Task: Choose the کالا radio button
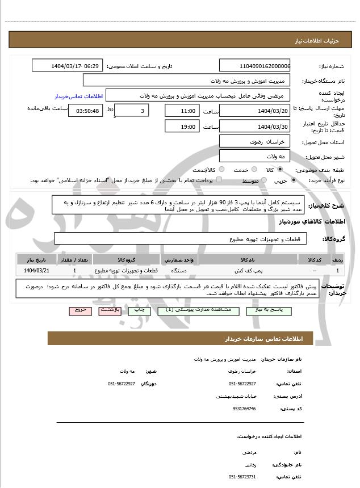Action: coord(280,169)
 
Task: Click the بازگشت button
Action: coord(109,311)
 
